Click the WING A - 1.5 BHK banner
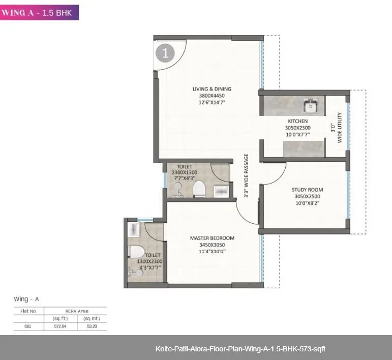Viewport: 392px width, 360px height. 39,12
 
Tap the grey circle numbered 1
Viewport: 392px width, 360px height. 165,53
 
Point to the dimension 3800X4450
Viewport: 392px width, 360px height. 212,96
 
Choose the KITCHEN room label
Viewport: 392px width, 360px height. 297,121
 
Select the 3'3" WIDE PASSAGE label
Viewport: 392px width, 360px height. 246,175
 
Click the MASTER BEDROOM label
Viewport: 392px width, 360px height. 212,238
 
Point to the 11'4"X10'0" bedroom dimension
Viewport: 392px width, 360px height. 212,251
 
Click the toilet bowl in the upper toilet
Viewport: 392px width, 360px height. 199,189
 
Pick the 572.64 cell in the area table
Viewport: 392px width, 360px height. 61,326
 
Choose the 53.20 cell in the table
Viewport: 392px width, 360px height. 92,326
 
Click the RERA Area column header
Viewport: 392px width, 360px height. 76,311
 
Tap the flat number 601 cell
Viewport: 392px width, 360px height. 28,326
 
